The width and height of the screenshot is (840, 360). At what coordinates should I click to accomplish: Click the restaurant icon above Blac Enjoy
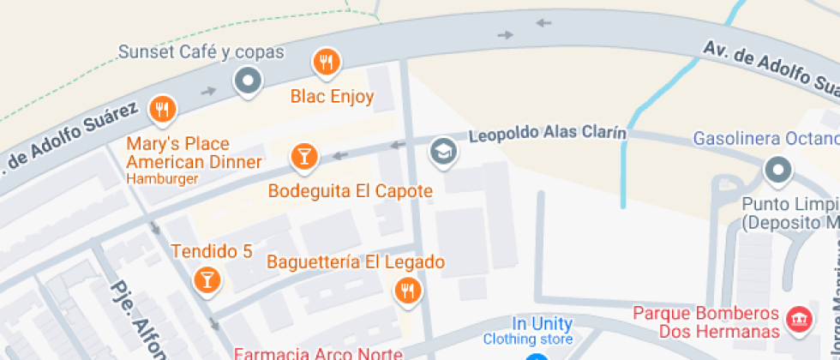coord(326,62)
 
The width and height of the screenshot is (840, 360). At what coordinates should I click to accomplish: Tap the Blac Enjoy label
coord(332,97)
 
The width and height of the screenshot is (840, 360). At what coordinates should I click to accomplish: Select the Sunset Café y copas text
coord(201,53)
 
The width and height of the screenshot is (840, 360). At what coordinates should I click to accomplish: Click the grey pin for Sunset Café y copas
coord(248,81)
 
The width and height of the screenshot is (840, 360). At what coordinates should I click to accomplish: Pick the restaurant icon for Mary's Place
coord(162,109)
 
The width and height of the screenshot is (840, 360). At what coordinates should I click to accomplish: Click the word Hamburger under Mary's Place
coord(162,179)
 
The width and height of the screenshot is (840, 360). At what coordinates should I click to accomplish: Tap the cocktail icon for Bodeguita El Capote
coord(303,156)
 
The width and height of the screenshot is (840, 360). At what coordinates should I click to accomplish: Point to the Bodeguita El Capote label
coord(350,191)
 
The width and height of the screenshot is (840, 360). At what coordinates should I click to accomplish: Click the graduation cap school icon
coord(443,152)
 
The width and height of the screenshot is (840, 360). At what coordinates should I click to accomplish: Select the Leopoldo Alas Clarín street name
coord(548,135)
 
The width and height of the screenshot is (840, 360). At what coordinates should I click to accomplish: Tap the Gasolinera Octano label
coord(765,138)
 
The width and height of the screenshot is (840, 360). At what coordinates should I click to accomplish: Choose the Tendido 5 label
coord(212,252)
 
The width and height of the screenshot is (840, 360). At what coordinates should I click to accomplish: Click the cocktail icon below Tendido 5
coord(206,279)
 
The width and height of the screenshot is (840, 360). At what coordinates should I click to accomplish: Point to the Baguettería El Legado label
coord(356,262)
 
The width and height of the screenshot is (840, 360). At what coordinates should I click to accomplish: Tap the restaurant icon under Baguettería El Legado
coord(408,291)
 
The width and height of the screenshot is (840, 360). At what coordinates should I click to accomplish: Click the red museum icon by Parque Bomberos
coord(800,320)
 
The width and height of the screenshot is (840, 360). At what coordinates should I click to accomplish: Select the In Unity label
coord(542,324)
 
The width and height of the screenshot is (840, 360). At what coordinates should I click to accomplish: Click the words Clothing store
coord(526,339)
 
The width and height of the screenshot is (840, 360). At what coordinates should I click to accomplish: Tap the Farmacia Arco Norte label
coord(318,353)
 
